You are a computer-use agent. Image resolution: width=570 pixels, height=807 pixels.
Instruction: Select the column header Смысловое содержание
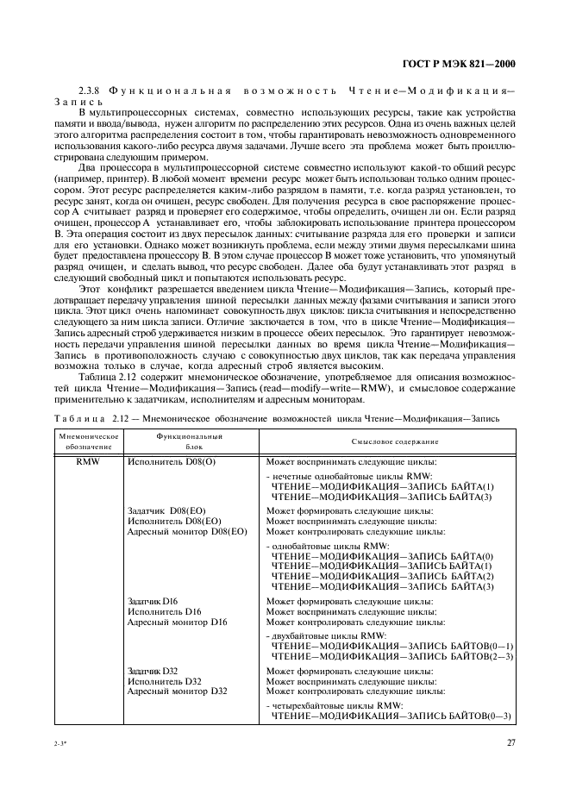coord(395,441)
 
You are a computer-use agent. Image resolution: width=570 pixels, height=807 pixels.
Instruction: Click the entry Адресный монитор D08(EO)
coord(186,532)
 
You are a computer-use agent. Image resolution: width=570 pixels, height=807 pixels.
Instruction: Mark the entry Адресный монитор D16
coord(177,622)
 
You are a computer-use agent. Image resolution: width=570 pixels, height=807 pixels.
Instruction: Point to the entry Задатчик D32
coord(153,670)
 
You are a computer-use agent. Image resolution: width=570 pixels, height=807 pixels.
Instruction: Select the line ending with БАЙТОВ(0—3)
coord(391,716)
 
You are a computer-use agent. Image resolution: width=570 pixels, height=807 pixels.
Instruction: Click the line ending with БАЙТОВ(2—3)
coord(392,656)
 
